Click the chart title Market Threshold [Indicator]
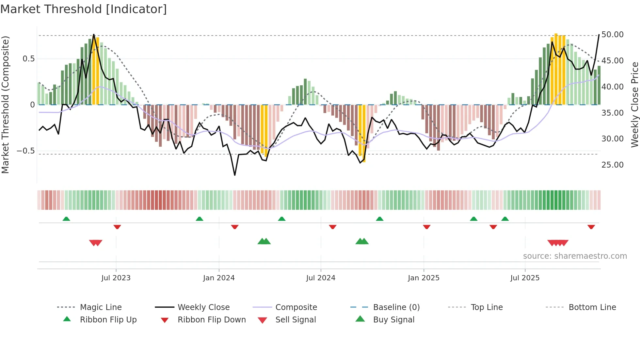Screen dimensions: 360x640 tap(84, 9)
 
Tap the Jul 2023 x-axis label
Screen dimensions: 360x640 tap(116, 278)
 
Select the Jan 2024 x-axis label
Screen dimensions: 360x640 tap(219, 278)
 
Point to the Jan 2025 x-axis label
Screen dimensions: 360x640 tap(424, 278)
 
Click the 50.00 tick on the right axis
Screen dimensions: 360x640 tap(612, 35)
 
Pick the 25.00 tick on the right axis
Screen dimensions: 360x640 tap(612, 165)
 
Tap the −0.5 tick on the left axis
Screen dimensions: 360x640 tap(25, 151)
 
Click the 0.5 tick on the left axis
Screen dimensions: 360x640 tap(28, 59)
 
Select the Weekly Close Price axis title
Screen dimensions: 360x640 tap(634, 105)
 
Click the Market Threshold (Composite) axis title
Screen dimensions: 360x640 tap(5, 105)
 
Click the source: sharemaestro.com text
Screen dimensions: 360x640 tap(575, 256)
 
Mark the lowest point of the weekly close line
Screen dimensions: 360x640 tap(235, 175)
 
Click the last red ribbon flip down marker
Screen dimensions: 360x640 tap(591, 227)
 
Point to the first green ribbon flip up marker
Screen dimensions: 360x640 tap(66, 219)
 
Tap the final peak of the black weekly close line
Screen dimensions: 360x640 tap(599, 35)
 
